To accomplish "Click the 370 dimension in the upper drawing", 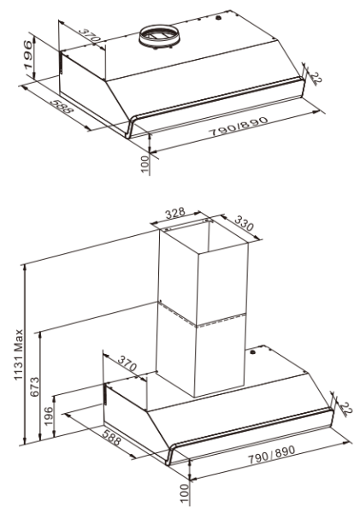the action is pyautogui.click(x=90, y=35).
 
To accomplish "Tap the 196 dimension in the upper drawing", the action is pyautogui.click(x=28, y=55).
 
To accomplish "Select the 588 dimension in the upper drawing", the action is pyautogui.click(x=62, y=106).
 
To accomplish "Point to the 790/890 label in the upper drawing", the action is pyautogui.click(x=239, y=126).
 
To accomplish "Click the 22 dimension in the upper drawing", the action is pyautogui.click(x=315, y=78).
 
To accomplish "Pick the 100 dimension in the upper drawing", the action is pyautogui.click(x=145, y=164).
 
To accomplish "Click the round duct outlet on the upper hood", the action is pyautogui.click(x=159, y=38).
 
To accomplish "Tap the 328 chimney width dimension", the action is pyautogui.click(x=175, y=213).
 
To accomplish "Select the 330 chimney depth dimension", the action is pyautogui.click(x=245, y=223).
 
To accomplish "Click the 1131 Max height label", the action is pyautogui.click(x=19, y=355).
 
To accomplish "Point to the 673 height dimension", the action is pyautogui.click(x=34, y=387).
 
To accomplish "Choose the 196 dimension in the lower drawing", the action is pyautogui.click(x=48, y=416).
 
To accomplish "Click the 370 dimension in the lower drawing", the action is pyautogui.click(x=127, y=363).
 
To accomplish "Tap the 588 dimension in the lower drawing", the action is pyautogui.click(x=111, y=438).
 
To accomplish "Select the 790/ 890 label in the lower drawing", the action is pyautogui.click(x=271, y=455).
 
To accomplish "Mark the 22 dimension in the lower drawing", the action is pyautogui.click(x=345, y=408).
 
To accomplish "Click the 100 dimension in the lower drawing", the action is pyautogui.click(x=185, y=493).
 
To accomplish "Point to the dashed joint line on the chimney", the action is pyautogui.click(x=202, y=314).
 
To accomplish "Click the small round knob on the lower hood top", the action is pyautogui.click(x=252, y=352).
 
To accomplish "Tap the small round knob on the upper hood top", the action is pyautogui.click(x=218, y=17).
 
